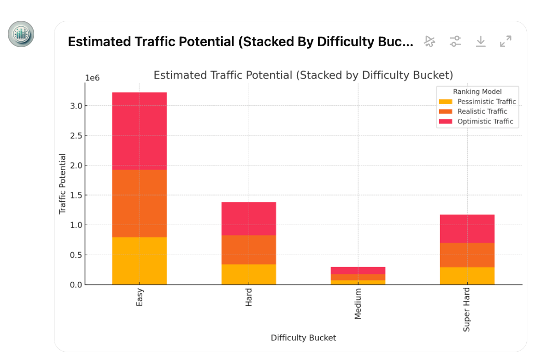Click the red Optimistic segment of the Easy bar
(139, 131)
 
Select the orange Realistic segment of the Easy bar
(139, 203)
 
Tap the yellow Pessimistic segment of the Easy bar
(139, 260)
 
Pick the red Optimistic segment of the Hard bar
(249, 218)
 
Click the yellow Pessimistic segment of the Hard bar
(249, 274)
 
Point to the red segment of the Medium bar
(358, 270)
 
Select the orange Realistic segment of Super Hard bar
(467, 255)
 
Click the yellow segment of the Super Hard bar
(467, 275)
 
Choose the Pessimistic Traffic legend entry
(486, 102)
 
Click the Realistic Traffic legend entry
(482, 112)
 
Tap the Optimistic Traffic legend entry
(485, 121)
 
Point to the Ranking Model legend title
(477, 92)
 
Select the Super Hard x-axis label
(467, 309)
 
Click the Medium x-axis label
(358, 304)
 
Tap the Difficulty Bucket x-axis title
(303, 338)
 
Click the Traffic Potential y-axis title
(63, 184)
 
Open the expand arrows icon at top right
(506, 41)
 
